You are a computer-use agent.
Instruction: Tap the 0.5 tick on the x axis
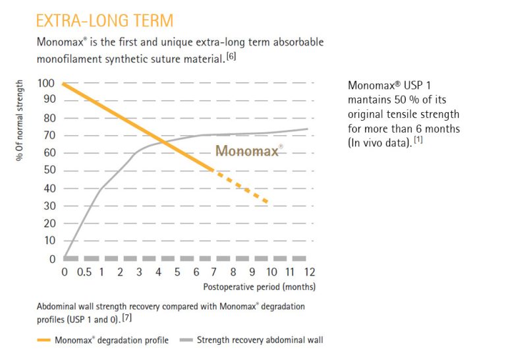tap(83, 272)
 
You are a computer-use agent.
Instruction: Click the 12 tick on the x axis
tap(309, 272)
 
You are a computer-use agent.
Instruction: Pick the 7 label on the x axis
tap(214, 272)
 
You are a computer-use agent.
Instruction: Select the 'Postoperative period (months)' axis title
tap(259, 287)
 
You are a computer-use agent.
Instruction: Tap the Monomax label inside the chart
tap(248, 151)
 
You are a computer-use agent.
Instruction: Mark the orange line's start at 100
tap(65, 84)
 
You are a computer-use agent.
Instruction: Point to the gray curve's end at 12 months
tap(308, 129)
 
